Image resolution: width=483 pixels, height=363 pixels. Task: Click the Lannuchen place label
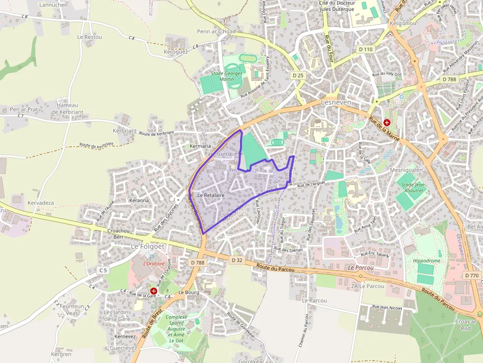[53, 5]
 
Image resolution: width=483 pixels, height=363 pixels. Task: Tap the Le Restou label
[89, 37]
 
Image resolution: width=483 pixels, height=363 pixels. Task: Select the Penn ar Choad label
[216, 32]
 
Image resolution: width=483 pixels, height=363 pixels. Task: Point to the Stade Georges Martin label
[227, 76]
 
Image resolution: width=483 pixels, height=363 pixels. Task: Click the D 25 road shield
[298, 75]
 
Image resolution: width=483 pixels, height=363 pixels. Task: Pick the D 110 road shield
[366, 49]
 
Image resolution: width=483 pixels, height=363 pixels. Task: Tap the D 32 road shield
[237, 260]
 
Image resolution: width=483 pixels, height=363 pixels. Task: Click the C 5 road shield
[103, 270]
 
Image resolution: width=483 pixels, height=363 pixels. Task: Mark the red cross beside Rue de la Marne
[387, 122]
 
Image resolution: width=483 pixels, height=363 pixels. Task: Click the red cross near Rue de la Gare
[154, 291]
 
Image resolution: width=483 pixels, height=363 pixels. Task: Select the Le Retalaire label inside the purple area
[211, 196]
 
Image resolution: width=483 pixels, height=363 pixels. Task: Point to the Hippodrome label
[427, 261]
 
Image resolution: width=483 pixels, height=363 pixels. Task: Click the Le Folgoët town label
[147, 246]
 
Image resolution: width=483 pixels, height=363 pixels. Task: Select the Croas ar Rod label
[466, 325]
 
